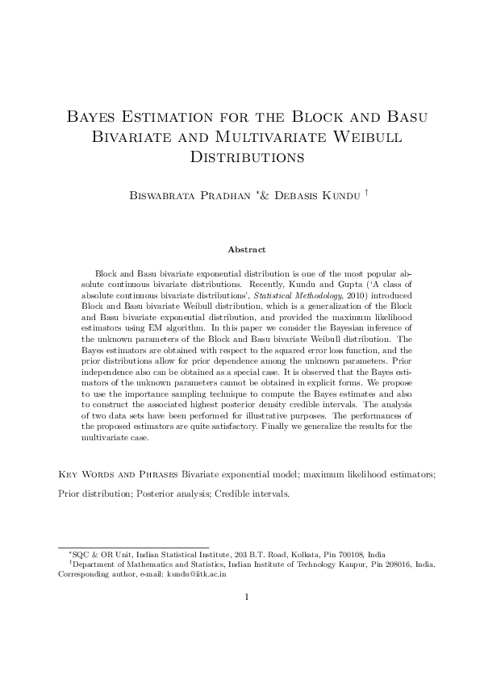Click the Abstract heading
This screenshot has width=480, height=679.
click(x=246, y=250)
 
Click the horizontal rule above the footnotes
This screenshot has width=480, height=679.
click(x=134, y=548)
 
